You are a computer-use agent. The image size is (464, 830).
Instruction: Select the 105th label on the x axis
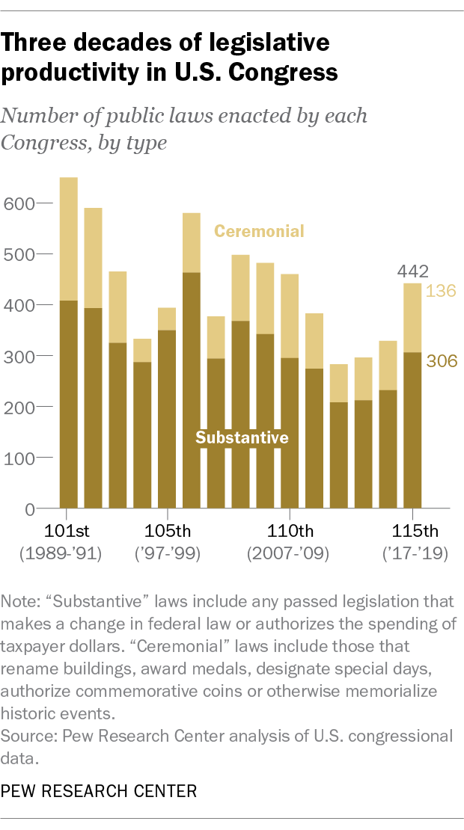click(167, 532)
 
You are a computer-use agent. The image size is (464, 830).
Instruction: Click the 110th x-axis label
click(290, 532)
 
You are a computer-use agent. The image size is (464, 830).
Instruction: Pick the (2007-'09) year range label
click(290, 556)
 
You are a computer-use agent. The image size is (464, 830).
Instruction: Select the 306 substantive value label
click(441, 362)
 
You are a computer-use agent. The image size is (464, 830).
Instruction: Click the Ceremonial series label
click(259, 231)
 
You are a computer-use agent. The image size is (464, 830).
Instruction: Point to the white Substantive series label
click(242, 437)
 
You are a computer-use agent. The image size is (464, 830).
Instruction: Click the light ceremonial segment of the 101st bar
click(69, 239)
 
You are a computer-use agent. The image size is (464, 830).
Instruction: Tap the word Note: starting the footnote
click(22, 601)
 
